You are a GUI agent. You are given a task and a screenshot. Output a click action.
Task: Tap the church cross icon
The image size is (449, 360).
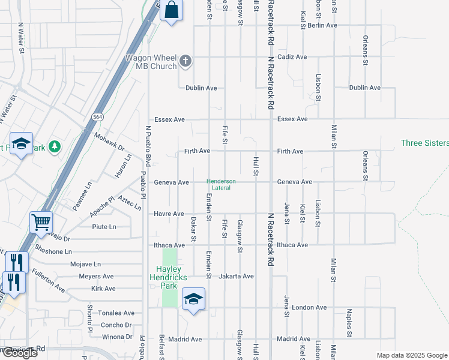coord(186,61)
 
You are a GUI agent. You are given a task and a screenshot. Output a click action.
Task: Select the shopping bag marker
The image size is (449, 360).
coord(172,10)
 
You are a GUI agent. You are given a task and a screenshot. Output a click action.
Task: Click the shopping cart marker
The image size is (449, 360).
coord(41,223)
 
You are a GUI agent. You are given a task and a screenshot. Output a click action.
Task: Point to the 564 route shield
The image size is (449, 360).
coord(97,116)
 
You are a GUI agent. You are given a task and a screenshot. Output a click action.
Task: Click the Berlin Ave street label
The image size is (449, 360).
coord(322,26)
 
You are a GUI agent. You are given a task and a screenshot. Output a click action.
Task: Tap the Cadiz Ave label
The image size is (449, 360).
coord(292,57)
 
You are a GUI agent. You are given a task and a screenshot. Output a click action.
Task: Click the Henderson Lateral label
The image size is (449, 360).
coord(221,184)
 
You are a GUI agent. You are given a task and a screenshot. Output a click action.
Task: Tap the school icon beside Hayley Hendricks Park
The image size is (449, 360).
coord(193,298)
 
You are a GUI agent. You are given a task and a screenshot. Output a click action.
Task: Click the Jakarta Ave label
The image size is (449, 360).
coord(238,277)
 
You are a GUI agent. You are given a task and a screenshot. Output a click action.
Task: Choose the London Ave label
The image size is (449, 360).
coord(310,308)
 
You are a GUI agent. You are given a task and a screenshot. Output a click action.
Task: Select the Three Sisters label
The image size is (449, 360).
coord(424,143)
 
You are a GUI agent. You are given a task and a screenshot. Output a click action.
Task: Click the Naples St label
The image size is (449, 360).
coord(349,322)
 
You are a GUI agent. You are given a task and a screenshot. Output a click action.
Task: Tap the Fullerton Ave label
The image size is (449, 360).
coord(49,280)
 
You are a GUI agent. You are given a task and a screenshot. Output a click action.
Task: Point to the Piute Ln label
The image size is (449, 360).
coord(104,227)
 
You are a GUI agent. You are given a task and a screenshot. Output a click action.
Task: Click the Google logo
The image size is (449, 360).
coord(20,353)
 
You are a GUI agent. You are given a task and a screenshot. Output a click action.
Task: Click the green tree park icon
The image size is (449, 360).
coord(55,146)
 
